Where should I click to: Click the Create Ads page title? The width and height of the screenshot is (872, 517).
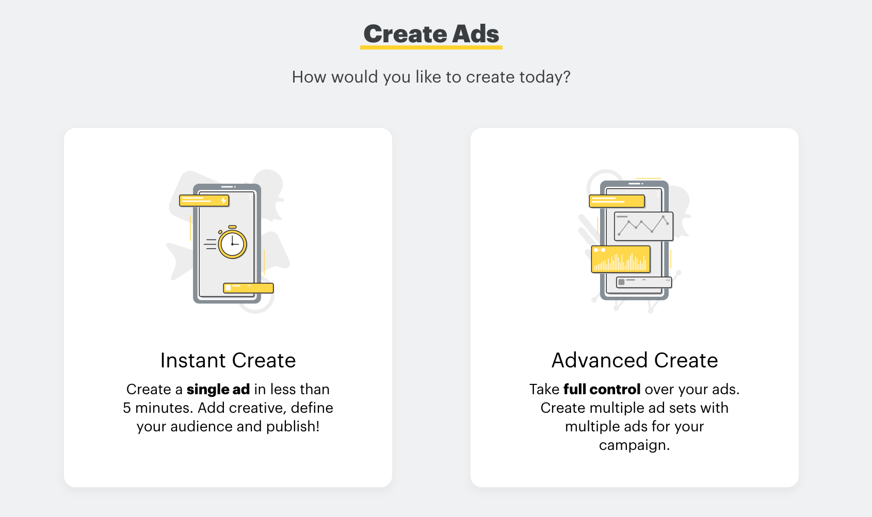431,34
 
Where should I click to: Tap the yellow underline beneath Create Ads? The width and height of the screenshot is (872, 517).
431,47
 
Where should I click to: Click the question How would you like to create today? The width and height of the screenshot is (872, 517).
431,77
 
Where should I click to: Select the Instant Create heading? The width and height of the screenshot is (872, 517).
228,360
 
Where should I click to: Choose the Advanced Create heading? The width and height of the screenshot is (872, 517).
635,360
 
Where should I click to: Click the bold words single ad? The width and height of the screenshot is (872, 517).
218,389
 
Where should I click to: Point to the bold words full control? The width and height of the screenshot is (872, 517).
602,389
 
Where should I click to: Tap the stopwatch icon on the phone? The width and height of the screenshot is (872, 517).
232,244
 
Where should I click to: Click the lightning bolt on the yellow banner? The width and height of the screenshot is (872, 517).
224,200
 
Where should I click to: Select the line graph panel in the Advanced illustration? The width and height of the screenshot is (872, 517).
643,226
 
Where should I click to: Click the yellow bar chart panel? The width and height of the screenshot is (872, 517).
621,260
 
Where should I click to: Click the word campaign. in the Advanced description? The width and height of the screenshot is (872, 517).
634,445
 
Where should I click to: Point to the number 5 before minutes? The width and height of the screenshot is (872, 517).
127,408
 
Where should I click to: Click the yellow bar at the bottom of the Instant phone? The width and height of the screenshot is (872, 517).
248,288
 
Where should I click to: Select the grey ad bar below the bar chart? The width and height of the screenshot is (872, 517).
644,282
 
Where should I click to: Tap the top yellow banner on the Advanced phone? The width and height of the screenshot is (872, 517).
617,201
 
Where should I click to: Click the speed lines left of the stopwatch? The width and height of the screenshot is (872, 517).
210,244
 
